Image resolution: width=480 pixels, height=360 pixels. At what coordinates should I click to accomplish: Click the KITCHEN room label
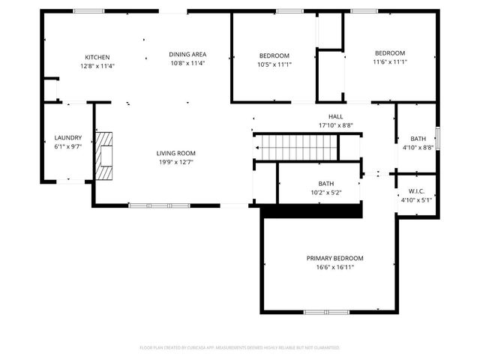click(x=97, y=57)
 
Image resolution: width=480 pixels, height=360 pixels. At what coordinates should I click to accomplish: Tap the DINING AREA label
click(x=187, y=54)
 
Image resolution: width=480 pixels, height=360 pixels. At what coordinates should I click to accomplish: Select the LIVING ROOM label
click(x=176, y=153)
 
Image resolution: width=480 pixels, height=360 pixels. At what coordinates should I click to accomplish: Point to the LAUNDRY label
click(x=67, y=138)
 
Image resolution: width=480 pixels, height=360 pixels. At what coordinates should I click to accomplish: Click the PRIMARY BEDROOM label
click(x=334, y=258)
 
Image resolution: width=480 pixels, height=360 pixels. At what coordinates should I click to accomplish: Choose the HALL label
click(x=335, y=116)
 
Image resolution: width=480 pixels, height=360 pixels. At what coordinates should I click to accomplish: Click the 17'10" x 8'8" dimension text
click(x=335, y=125)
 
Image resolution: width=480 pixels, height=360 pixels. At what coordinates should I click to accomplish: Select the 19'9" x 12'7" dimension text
click(x=176, y=162)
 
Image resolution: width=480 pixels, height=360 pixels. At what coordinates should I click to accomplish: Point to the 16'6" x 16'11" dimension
click(x=334, y=267)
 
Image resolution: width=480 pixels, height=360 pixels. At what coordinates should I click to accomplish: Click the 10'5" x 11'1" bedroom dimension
click(x=274, y=64)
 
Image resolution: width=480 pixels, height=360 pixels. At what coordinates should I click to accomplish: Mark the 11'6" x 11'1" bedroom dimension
click(x=390, y=62)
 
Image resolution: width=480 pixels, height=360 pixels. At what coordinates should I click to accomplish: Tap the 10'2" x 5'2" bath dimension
click(x=326, y=193)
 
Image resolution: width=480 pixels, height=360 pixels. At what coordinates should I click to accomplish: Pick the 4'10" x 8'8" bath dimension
click(x=418, y=148)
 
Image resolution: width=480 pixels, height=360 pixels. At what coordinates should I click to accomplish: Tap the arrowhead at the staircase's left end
click(x=257, y=148)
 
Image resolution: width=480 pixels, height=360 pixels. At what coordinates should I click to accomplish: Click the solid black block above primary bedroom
click(x=312, y=212)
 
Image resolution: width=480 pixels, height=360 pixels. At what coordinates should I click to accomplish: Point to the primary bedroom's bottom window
click(x=326, y=311)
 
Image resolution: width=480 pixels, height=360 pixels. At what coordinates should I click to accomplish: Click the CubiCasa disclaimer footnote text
click(x=240, y=348)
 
